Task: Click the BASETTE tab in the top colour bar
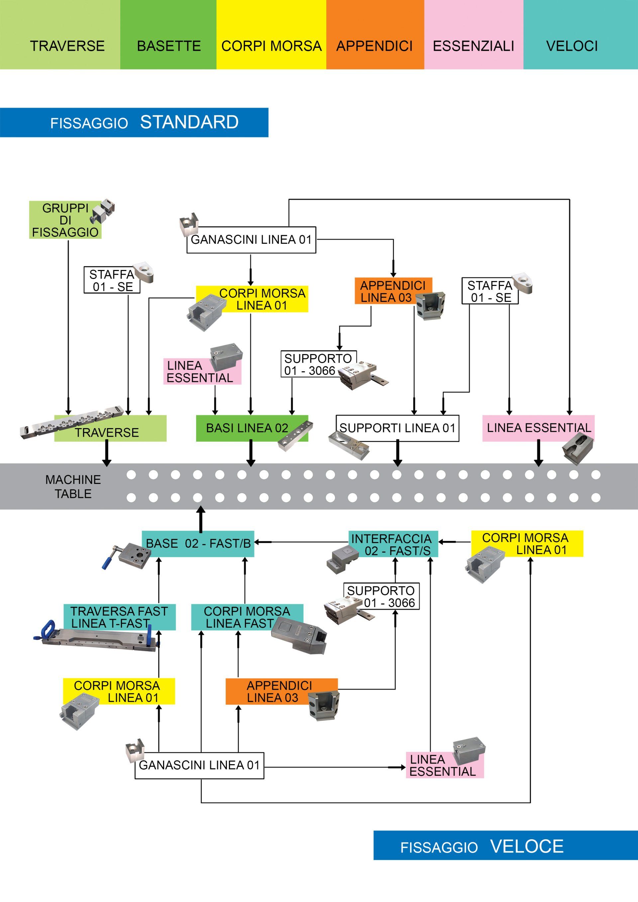168,35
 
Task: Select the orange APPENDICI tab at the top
375,35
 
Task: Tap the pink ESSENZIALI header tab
474,35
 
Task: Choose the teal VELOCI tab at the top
581,35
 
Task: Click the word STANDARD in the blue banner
189,122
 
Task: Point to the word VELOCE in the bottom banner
527,846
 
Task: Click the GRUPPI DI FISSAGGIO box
65,220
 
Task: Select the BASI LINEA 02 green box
252,428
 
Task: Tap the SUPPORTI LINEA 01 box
397,428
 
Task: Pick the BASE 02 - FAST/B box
198,544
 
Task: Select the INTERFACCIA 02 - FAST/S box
393,544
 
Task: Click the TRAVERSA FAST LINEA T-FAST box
120,617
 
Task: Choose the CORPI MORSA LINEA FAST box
247,617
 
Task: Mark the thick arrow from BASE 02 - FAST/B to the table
201,519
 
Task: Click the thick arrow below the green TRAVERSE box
107,453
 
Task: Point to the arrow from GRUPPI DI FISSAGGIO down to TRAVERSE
68,327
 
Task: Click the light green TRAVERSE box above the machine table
110,428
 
